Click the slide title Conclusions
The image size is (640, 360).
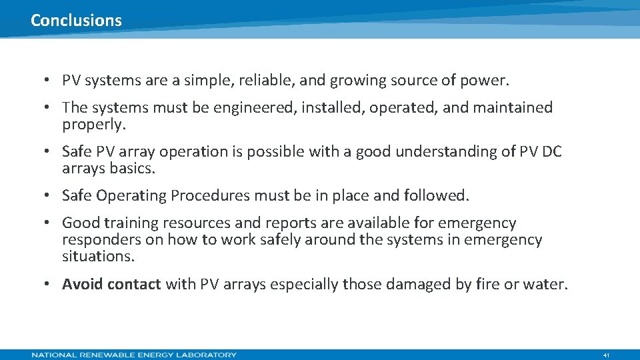click(76, 20)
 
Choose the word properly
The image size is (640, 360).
click(94, 125)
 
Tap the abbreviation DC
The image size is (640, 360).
click(552, 152)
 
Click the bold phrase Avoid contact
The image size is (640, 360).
click(111, 285)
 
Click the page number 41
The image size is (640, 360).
click(606, 355)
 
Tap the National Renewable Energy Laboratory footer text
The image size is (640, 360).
click(134, 355)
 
